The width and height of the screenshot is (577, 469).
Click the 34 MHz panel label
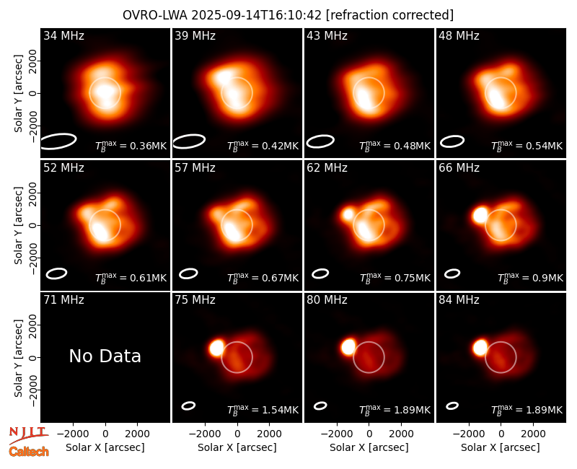[63, 35]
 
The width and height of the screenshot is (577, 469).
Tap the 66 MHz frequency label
[459, 168]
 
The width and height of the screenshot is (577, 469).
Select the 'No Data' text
[105, 356]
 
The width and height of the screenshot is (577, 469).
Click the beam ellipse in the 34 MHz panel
[58, 141]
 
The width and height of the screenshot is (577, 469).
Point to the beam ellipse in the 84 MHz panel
[452, 406]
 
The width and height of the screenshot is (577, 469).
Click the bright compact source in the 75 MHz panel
[216, 348]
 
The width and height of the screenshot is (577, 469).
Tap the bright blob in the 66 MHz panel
[480, 215]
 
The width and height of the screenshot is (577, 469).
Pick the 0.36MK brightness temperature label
[131, 146]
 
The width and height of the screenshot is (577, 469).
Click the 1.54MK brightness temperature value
[280, 410]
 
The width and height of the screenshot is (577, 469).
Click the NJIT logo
[28, 435]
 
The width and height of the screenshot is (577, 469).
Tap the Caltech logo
[29, 452]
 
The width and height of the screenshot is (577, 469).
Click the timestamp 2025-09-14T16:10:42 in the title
[257, 15]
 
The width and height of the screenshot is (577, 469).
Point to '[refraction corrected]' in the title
[390, 15]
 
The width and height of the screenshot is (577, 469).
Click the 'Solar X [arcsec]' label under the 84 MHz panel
[501, 447]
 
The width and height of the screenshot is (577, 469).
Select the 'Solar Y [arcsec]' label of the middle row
[19, 225]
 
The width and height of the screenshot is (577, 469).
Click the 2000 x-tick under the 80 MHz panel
[402, 434]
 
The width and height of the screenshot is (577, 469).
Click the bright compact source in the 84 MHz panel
[480, 348]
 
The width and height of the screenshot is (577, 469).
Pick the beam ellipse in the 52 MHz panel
[56, 273]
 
